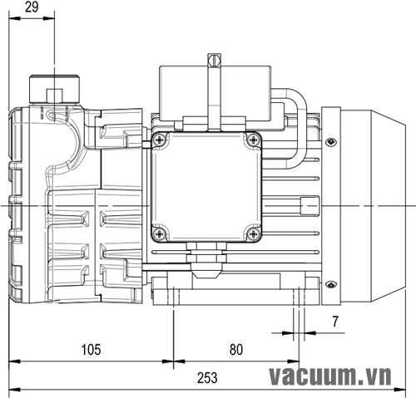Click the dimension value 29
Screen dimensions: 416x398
click(x=32, y=7)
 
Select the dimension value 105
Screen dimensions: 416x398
click(x=91, y=350)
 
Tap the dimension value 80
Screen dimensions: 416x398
click(x=236, y=350)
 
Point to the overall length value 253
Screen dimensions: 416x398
click(x=207, y=378)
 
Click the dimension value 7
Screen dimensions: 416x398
click(x=335, y=322)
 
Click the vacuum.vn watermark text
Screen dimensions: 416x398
click(x=330, y=376)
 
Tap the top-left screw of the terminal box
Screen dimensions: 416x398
click(x=160, y=140)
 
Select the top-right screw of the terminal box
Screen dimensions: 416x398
click(x=253, y=140)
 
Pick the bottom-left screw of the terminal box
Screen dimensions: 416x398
click(x=160, y=234)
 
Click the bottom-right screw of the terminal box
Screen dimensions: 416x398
click(x=253, y=234)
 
